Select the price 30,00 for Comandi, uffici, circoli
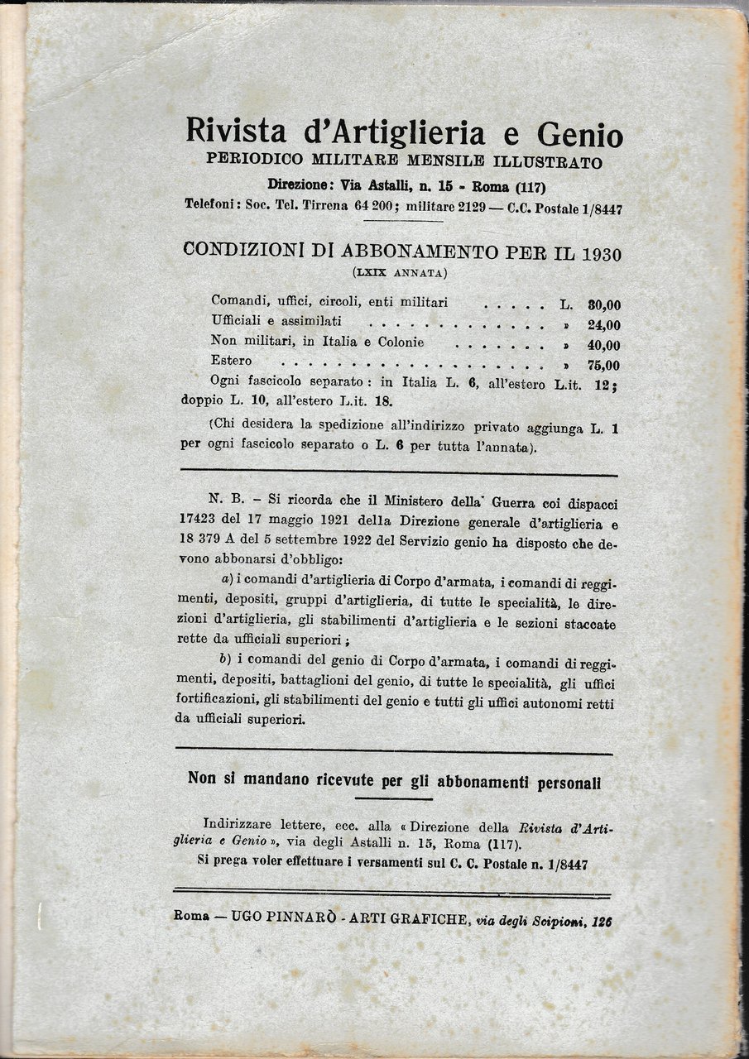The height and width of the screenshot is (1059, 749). pyautogui.click(x=603, y=304)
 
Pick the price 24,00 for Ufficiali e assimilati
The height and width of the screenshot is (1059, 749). pyautogui.click(x=603, y=325)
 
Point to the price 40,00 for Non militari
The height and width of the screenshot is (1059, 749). pyautogui.click(x=603, y=345)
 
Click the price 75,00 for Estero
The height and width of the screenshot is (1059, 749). pyautogui.click(x=603, y=365)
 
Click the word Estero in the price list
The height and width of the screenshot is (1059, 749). pyautogui.click(x=232, y=362)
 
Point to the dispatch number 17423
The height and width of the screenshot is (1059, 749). pyautogui.click(x=202, y=524)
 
